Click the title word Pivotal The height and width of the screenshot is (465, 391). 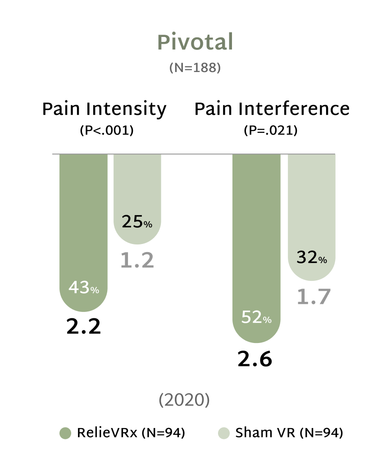point(195,43)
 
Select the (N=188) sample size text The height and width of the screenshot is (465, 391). point(195,68)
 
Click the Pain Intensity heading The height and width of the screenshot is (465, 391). point(104,109)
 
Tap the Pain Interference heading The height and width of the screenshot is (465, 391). point(272,109)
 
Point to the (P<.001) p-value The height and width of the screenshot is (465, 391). point(107,131)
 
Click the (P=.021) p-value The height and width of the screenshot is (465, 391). point(270,131)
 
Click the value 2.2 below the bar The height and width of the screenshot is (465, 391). point(84,328)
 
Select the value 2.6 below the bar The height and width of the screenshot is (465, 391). point(255,360)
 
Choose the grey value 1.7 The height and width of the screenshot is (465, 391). point(314,297)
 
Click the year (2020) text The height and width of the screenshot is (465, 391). point(184,401)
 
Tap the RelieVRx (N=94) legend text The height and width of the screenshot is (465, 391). point(131,433)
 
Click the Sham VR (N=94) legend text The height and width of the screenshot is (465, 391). point(289,433)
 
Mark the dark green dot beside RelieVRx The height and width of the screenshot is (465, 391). point(65,433)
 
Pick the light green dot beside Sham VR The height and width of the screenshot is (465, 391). point(224,433)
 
